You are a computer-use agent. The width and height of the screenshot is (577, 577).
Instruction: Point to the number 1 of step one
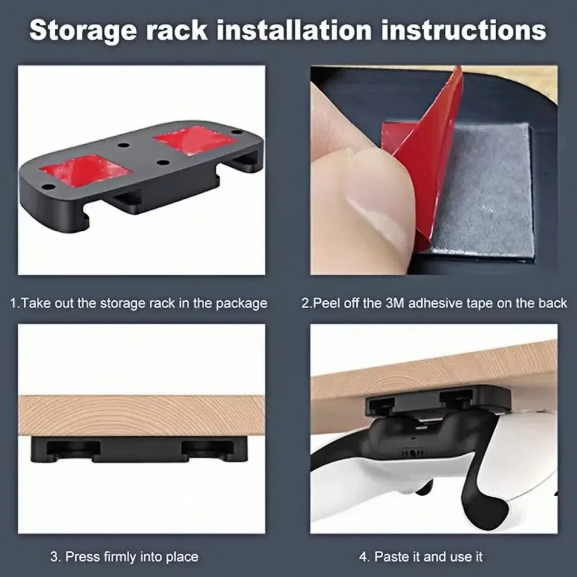pyautogui.click(x=13, y=303)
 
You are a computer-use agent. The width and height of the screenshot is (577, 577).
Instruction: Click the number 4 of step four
pyautogui.click(x=363, y=557)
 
